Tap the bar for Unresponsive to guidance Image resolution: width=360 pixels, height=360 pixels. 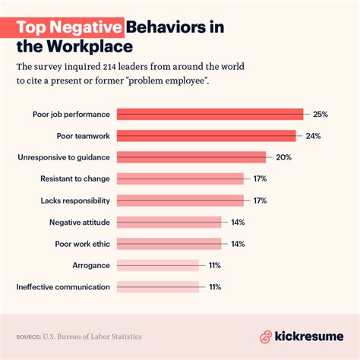click(x=191, y=157)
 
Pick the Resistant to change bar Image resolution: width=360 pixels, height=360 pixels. click(x=180, y=179)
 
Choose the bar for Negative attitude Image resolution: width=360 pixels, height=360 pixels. click(x=169, y=223)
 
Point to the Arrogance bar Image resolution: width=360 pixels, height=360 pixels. click(x=157, y=265)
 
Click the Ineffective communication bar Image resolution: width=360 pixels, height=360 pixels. click(x=157, y=287)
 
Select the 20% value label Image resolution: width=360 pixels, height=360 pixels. click(x=284, y=157)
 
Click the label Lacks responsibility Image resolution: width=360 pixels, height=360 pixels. click(x=74, y=201)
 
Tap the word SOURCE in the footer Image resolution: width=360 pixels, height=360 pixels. click(x=30, y=336)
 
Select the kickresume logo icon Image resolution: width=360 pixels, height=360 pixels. click(x=267, y=336)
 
